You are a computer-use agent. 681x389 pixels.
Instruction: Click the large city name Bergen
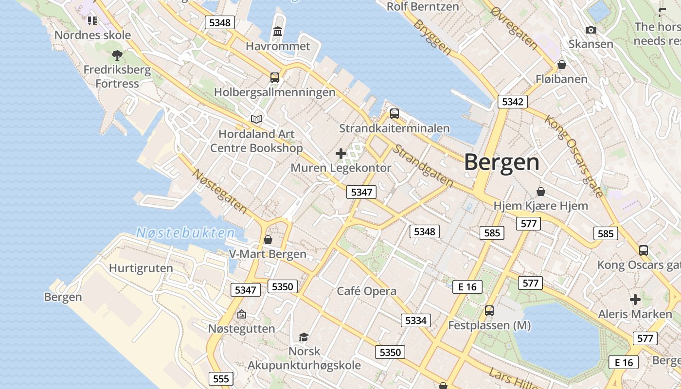click(x=502, y=162)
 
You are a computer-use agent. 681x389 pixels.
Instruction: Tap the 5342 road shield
click(x=512, y=102)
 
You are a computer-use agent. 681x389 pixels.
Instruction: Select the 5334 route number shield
click(x=415, y=320)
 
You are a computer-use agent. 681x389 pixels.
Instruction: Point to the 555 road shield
click(x=221, y=378)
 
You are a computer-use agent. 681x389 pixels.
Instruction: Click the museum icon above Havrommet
click(x=278, y=32)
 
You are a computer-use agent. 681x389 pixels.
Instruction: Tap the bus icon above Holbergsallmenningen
click(x=275, y=77)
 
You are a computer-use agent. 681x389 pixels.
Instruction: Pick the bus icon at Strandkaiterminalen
click(x=394, y=114)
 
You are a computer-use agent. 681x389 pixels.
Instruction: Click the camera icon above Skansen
click(x=591, y=30)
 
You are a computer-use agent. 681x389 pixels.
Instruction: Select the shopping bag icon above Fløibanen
click(x=562, y=65)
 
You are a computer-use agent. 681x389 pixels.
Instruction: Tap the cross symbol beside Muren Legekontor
click(x=341, y=154)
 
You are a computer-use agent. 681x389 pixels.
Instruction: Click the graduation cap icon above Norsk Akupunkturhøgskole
click(x=304, y=336)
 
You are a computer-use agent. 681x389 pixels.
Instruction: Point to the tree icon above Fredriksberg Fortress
click(x=117, y=55)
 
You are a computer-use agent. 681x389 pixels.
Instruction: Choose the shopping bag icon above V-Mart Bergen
click(x=268, y=240)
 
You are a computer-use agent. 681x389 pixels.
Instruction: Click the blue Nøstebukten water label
click(x=185, y=233)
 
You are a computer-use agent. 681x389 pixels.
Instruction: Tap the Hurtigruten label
click(x=141, y=268)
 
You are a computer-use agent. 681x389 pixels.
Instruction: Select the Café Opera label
click(x=367, y=291)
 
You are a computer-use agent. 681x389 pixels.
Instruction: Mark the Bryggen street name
click(x=432, y=36)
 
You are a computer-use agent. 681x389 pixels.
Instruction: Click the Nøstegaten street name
click(x=220, y=191)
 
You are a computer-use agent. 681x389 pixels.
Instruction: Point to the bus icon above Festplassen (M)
click(x=489, y=310)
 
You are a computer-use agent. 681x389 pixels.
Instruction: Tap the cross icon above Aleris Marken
click(x=635, y=299)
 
